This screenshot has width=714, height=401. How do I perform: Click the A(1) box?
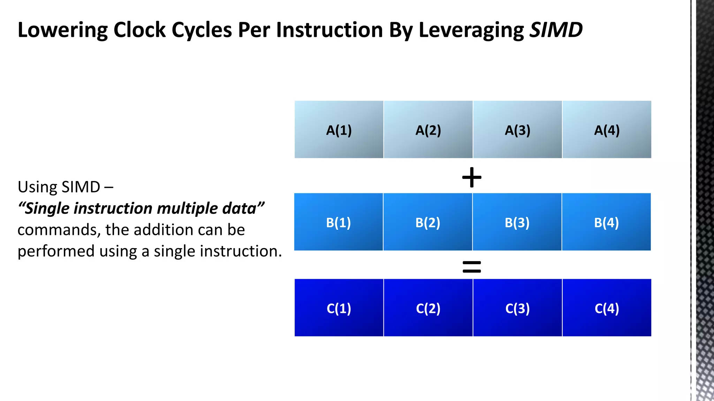point(339,129)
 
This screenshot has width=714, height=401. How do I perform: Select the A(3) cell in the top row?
point(517,129)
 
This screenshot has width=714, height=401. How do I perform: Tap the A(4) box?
point(607,129)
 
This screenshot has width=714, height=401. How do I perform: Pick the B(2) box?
point(428,222)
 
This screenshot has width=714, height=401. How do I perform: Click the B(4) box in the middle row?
point(606,222)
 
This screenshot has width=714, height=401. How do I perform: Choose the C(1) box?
point(339,308)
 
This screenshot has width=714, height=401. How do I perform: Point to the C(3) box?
point(517,308)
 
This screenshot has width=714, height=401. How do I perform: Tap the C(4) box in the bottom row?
point(607,308)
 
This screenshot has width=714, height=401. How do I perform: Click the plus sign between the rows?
point(472,177)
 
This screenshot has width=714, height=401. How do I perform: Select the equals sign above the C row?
point(472,267)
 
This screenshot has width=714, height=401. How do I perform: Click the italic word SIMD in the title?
point(556,30)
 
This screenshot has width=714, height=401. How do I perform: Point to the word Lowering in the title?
point(63,30)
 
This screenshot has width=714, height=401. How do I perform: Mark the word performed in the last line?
point(56,251)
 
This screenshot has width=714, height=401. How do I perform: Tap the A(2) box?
point(428,129)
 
